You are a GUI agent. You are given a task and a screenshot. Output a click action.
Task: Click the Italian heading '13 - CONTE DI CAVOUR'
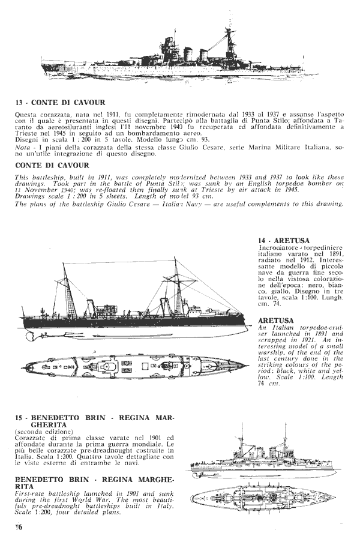[61, 103]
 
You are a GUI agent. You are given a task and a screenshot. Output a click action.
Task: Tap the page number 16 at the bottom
[19, 528]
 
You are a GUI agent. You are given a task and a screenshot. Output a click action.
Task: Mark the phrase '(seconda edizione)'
[41, 432]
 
